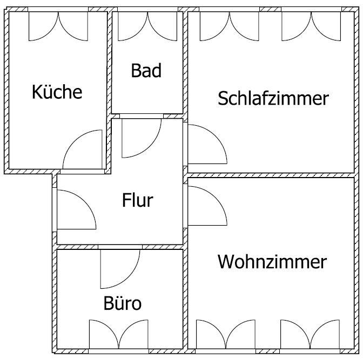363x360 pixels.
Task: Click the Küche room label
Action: pos(57,92)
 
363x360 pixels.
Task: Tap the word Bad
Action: pos(146,71)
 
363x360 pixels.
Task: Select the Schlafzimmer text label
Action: pos(273,98)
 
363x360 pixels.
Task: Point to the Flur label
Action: pos(137,201)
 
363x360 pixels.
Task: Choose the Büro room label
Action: pos(122,303)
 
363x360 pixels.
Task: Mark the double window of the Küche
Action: pos(58,25)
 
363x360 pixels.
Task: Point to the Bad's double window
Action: pos(146,25)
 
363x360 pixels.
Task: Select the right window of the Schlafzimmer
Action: pos(311,25)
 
